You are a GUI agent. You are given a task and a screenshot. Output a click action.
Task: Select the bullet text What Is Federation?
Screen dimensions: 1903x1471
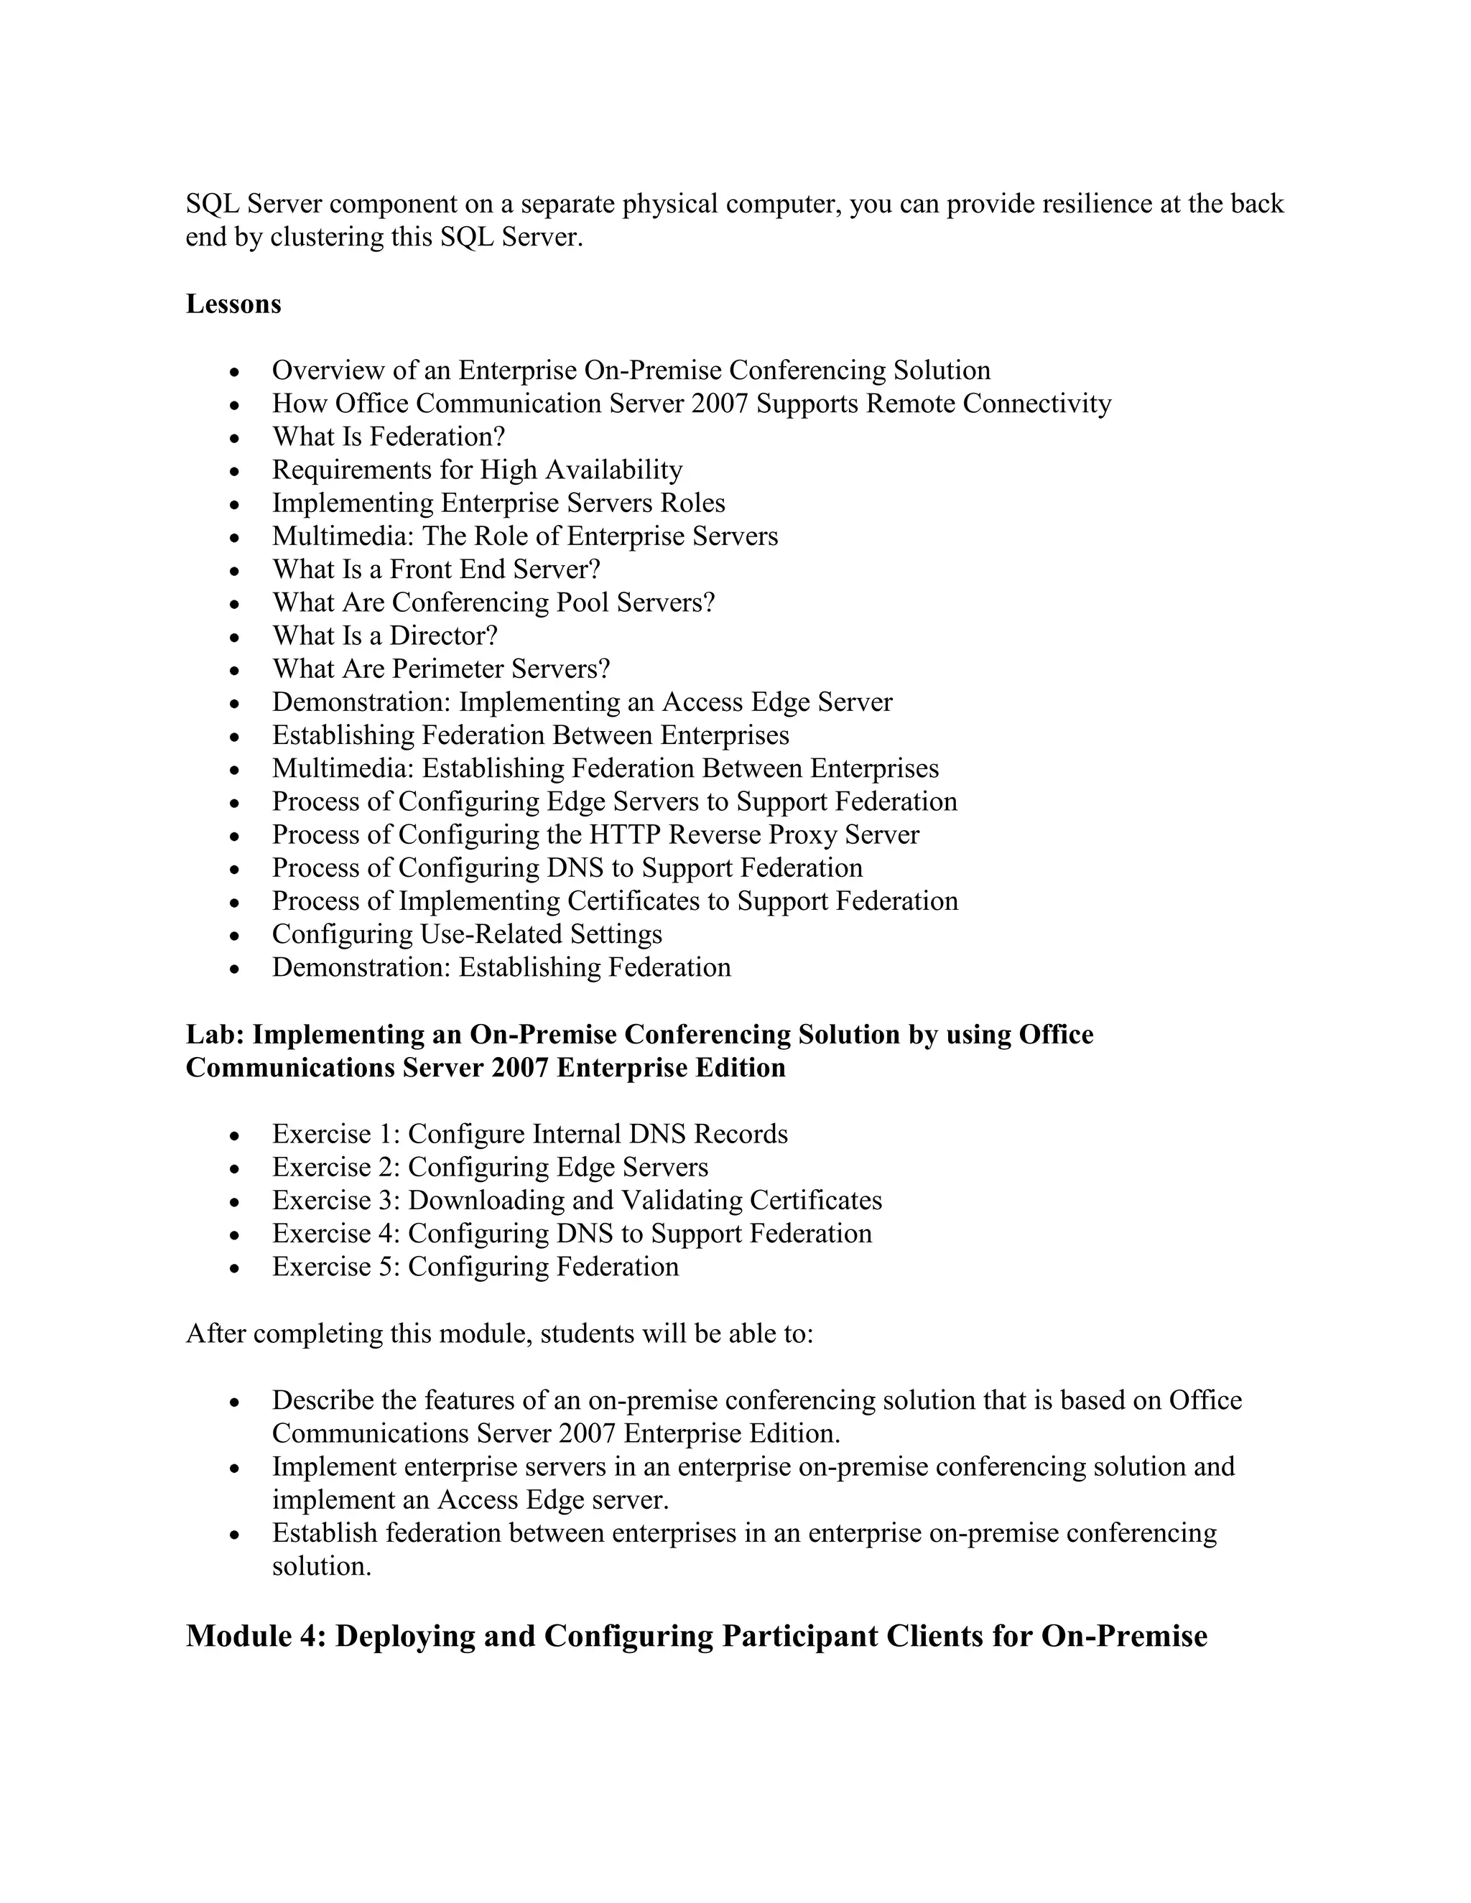388,437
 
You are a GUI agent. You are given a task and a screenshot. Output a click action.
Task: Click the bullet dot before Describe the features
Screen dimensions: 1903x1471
233,1402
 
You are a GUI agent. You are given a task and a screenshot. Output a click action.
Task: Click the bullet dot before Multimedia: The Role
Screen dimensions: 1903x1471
233,538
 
